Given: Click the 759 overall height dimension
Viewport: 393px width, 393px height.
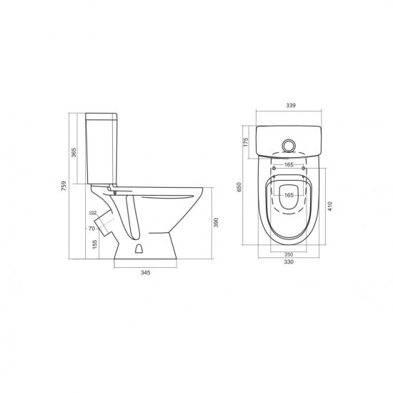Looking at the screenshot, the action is point(64,186).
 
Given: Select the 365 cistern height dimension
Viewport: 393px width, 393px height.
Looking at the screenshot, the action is point(74,153).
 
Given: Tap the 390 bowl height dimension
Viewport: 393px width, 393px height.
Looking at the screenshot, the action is point(216,222).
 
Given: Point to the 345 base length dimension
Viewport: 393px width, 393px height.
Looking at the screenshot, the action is point(145,272).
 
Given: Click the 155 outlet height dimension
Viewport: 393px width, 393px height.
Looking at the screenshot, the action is point(95,244).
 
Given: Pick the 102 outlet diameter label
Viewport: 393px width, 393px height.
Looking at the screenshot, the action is point(93,213).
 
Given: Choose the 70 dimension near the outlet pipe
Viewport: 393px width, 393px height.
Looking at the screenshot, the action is point(91,229).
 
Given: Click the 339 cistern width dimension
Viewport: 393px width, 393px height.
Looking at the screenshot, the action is point(291,105).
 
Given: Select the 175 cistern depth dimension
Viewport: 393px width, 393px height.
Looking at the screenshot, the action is point(246,142).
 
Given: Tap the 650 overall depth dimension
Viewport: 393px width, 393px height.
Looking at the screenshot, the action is point(239,187).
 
